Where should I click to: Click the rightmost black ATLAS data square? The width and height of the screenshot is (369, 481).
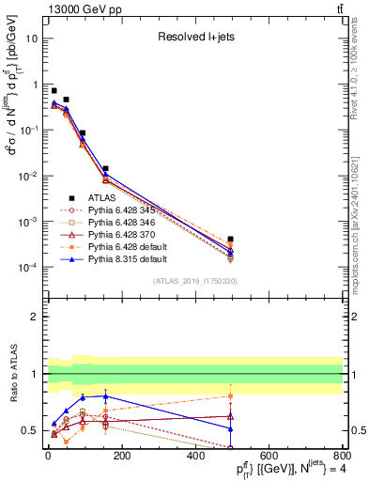(231, 240)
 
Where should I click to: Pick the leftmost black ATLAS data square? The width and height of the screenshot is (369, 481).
(54, 90)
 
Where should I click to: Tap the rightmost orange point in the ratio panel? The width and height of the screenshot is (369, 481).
(231, 396)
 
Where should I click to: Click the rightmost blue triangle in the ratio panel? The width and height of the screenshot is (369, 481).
(231, 428)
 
